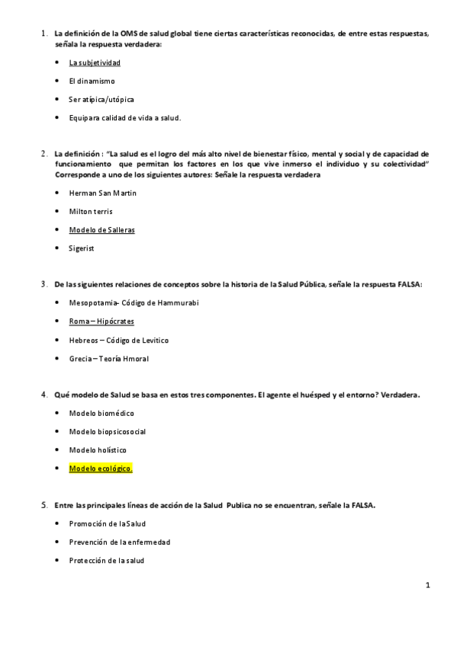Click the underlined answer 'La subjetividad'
[x=95, y=62]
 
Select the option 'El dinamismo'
[x=92, y=81]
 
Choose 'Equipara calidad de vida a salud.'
[x=124, y=117]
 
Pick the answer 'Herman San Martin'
[x=102, y=193]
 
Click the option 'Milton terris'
[x=91, y=211]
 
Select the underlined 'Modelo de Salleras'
[x=101, y=229]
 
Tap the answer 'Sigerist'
[x=82, y=248]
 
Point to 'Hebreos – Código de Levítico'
[x=118, y=340]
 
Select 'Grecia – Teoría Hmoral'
[x=108, y=358]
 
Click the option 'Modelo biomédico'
[x=101, y=413]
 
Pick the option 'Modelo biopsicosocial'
[x=107, y=431]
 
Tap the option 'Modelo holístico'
[x=98, y=449]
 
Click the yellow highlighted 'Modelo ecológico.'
[x=101, y=469]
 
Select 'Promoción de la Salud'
[x=107, y=523]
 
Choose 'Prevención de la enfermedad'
[x=119, y=542]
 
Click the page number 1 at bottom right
[x=428, y=586]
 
